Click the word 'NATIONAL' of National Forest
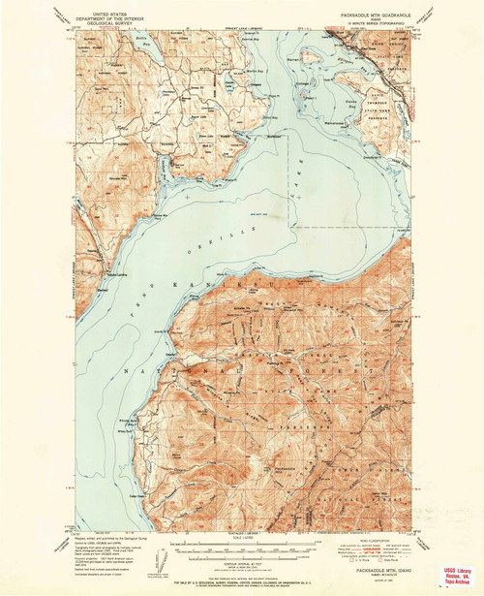coord(194,371)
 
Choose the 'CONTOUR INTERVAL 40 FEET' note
coord(242,560)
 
